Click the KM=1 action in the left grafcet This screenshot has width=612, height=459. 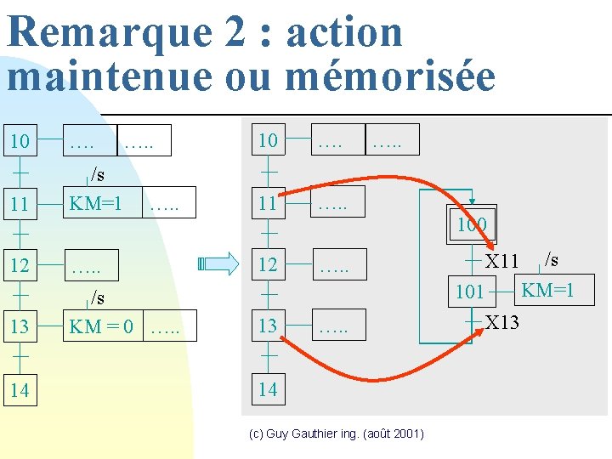(95, 205)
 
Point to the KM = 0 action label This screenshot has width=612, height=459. (100, 326)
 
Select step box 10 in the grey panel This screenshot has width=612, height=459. (269, 140)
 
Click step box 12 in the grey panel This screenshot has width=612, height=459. (269, 265)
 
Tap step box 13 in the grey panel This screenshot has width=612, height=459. (269, 326)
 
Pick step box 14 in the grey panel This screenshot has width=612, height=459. (269, 390)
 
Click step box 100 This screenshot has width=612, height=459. (471, 225)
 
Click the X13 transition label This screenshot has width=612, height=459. (502, 323)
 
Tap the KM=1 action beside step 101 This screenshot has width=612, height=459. (548, 291)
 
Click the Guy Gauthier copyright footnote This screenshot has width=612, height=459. (337, 434)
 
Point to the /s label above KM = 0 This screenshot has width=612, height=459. (99, 298)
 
